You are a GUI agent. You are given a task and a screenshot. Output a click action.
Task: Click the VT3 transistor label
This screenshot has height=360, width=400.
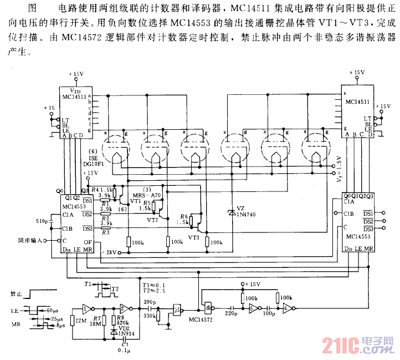pyautogui.click(x=193, y=237)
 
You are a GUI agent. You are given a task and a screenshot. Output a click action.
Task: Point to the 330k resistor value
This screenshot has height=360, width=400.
pyautogui.click(x=148, y=315)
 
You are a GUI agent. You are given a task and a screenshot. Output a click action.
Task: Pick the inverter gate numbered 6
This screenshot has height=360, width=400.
pyautogui.click(x=287, y=309)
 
